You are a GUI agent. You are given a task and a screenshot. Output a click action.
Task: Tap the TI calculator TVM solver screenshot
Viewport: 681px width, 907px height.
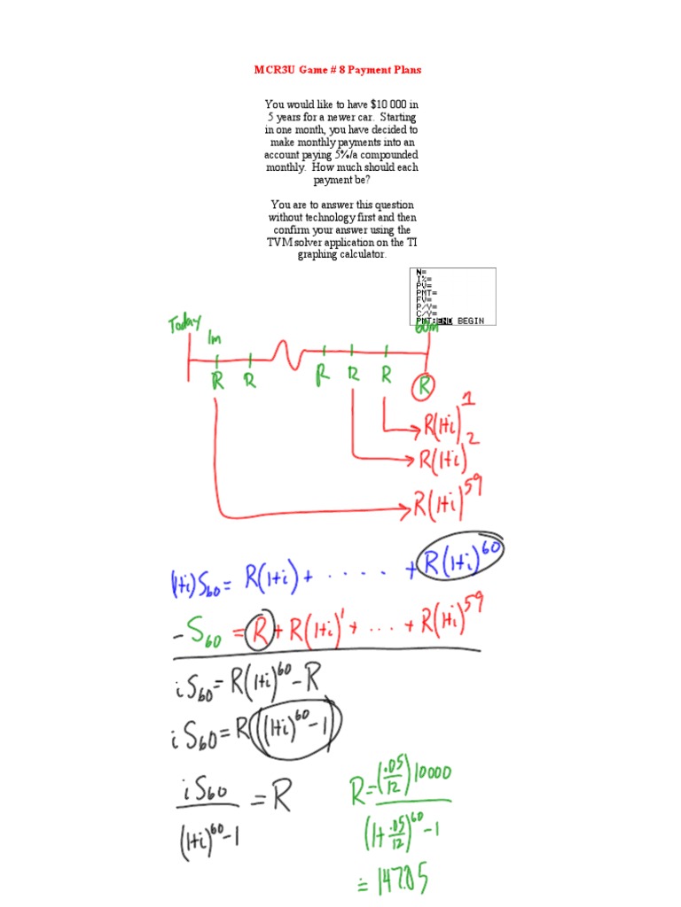click(x=452, y=296)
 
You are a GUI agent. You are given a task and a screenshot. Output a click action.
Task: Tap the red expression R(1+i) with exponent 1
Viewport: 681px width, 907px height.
click(x=443, y=423)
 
